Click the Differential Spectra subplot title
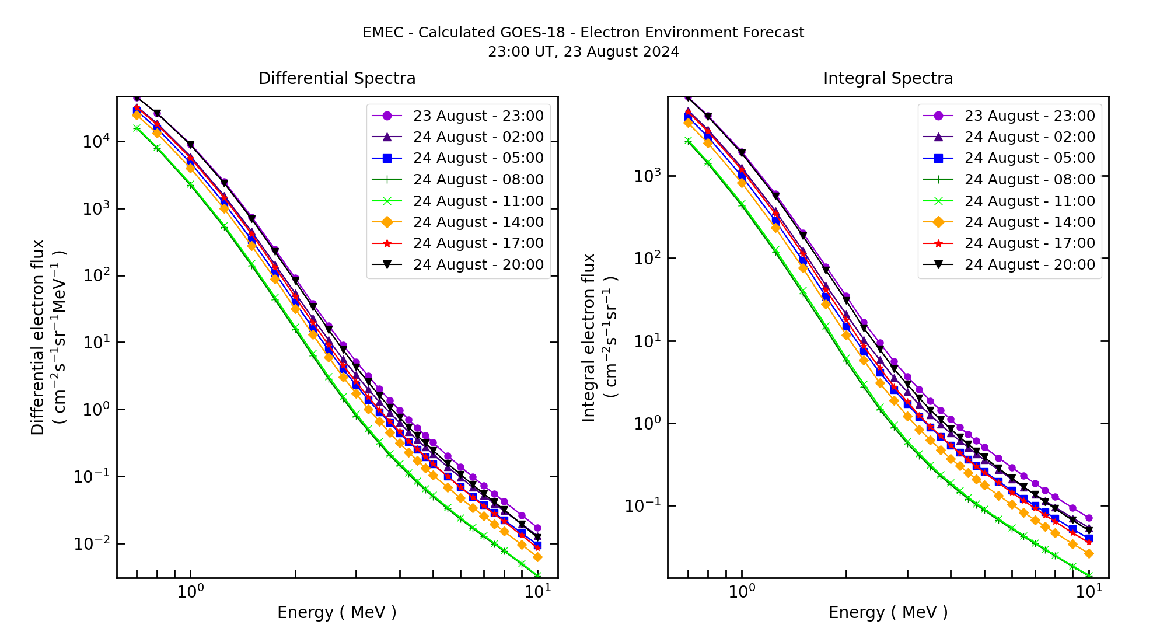[337, 79]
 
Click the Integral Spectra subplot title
[888, 79]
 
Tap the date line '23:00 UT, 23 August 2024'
[583, 52]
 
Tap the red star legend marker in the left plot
[387, 243]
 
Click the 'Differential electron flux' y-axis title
[39, 337]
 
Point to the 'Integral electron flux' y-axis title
[589, 337]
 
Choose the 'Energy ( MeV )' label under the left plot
[337, 612]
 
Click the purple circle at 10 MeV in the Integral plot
[1088, 518]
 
